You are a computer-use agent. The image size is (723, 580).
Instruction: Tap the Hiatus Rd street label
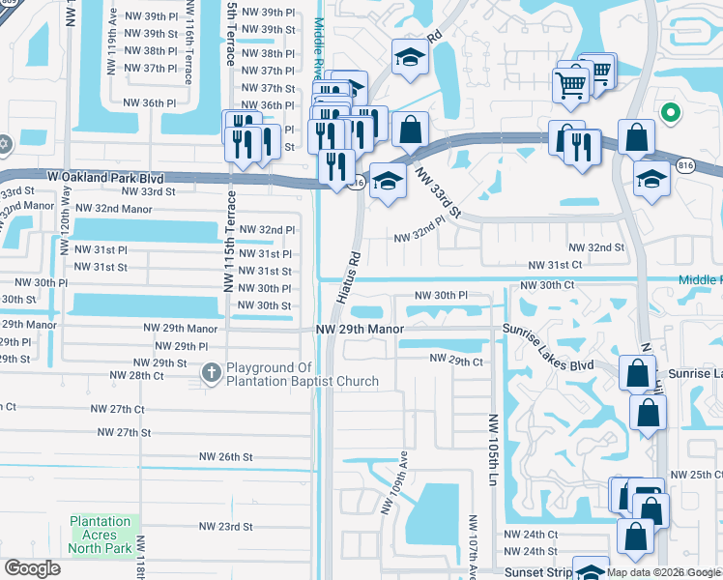tap(348, 278)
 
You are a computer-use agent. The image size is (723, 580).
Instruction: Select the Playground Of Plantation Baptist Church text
tap(303, 374)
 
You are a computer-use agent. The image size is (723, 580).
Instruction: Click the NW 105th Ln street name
tap(493, 449)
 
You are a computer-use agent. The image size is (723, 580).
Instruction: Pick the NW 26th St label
tap(225, 456)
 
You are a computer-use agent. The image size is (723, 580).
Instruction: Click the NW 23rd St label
tap(225, 527)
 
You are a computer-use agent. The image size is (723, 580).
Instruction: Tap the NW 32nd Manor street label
tap(113, 208)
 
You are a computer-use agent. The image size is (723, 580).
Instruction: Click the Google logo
tap(32, 567)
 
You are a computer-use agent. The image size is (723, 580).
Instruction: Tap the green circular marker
tap(668, 114)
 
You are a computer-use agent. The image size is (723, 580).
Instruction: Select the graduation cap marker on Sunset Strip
tap(590, 571)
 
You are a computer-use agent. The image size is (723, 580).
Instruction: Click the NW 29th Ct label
tap(456, 361)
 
